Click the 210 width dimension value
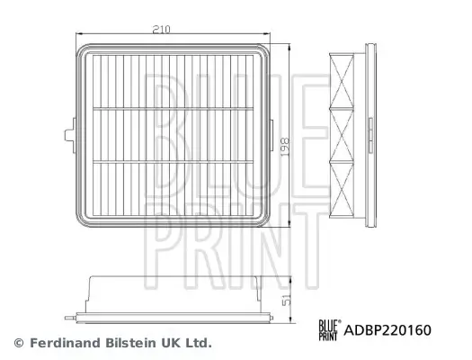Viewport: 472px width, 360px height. coord(161,29)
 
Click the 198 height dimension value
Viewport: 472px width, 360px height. coord(285,147)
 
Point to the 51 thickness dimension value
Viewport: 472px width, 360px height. coord(287,301)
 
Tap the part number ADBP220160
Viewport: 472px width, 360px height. coord(387,330)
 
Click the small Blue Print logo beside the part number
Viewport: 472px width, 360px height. coord(330,330)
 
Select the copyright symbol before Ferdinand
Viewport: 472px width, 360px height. coord(19,343)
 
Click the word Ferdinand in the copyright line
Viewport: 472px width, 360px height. coord(65,343)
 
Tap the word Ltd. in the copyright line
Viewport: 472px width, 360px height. coord(199,343)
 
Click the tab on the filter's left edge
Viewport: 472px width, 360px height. coord(70,135)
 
